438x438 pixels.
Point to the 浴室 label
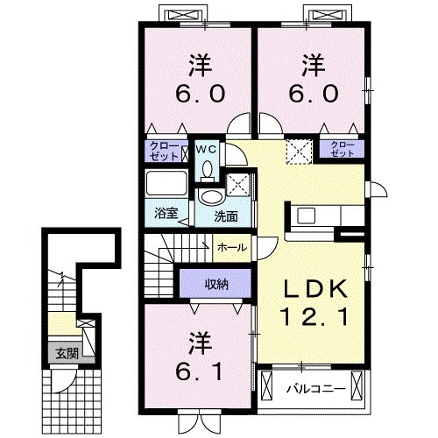point(166,213)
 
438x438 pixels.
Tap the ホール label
point(232,248)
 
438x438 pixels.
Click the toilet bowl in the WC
point(208,172)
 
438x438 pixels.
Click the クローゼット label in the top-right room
point(342,150)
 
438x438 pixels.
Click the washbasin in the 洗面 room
point(211,196)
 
